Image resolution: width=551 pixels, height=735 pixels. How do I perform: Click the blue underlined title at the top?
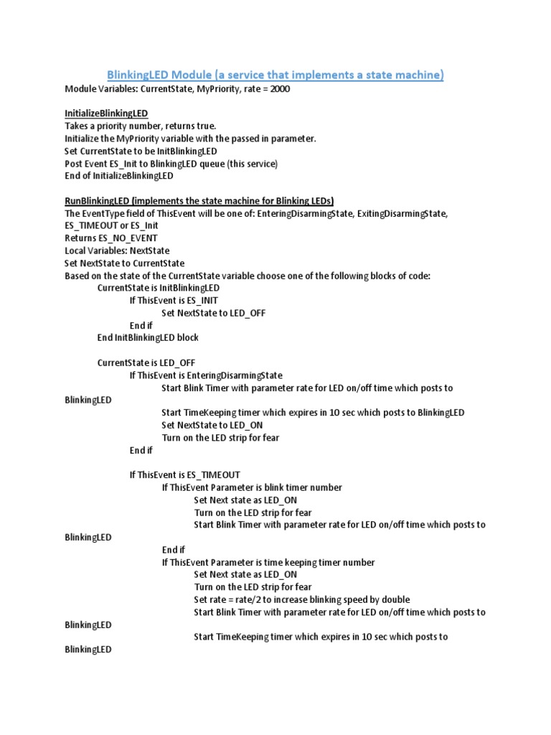click(x=275, y=75)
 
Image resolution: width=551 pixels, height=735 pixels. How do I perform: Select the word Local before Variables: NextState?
click(x=77, y=251)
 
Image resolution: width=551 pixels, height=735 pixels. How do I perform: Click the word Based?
click(x=78, y=276)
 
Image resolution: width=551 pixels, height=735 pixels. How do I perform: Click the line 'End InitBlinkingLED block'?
click(x=148, y=337)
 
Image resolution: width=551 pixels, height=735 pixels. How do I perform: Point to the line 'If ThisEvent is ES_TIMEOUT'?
click(x=184, y=474)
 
